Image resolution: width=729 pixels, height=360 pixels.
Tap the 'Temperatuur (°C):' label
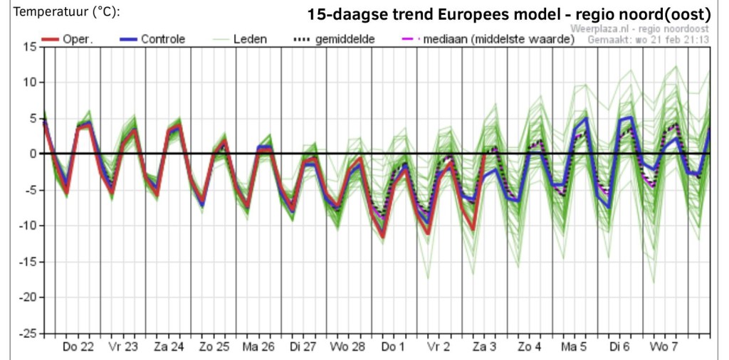(68, 12)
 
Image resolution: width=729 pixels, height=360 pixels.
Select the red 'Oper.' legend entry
(68, 39)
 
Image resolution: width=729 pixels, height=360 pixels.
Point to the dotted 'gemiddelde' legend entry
(333, 39)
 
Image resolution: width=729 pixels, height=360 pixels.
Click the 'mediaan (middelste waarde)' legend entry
(486, 39)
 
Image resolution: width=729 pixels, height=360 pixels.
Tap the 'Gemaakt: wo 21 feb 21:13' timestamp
(649, 39)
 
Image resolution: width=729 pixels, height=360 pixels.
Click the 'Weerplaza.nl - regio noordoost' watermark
(640, 29)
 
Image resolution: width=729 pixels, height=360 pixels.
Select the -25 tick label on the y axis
(28, 334)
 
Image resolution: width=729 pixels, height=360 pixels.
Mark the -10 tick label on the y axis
(28, 226)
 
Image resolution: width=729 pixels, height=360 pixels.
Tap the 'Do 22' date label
(78, 347)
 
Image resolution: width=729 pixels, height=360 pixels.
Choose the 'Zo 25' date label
(214, 347)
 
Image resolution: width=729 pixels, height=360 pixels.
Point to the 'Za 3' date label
(485, 347)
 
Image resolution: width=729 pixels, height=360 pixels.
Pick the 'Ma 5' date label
(575, 347)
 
